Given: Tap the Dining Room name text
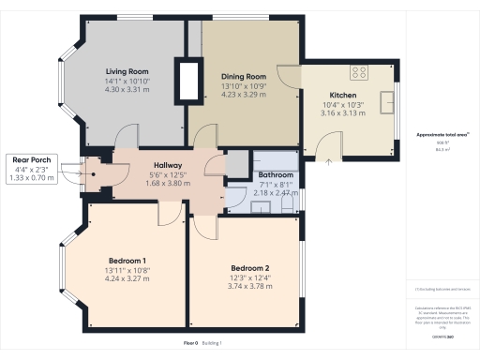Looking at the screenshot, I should click(244, 76).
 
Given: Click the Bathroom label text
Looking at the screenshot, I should click(276, 175).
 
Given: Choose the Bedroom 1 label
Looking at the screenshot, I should click(126, 260).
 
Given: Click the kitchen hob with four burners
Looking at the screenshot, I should click(359, 71).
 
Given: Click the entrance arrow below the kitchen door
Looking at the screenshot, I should click(328, 160).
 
